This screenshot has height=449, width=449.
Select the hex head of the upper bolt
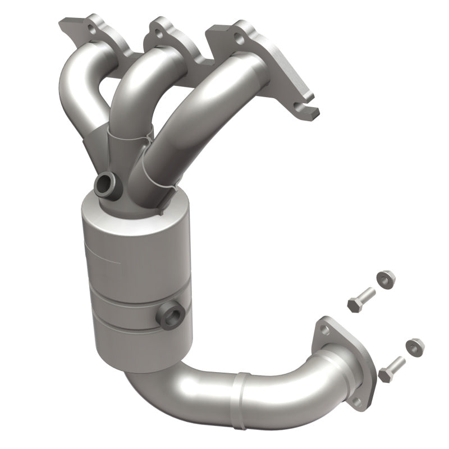pos(355,305)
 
